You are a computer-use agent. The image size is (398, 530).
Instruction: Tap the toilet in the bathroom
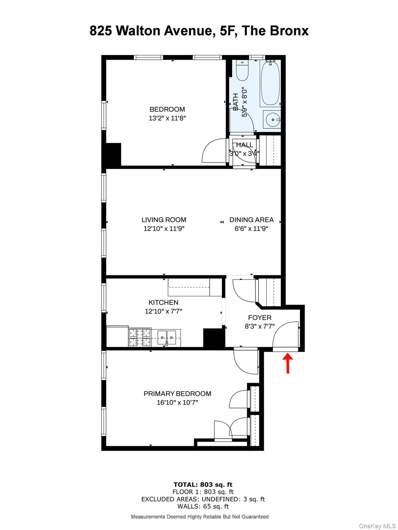click(x=242, y=71)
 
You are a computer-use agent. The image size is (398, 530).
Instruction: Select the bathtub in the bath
click(x=270, y=83)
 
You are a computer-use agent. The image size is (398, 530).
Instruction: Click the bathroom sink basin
click(x=272, y=119)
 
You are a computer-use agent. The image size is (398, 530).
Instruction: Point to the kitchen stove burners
click(x=140, y=337)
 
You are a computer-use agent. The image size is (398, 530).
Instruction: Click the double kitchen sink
click(x=167, y=337)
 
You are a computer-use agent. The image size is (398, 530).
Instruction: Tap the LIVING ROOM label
click(x=164, y=220)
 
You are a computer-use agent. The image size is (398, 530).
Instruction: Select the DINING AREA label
click(x=251, y=220)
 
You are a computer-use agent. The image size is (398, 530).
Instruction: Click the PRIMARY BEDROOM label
click(x=177, y=394)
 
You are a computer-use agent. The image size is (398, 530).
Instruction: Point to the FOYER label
click(x=259, y=318)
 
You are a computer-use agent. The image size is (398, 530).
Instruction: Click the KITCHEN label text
click(x=163, y=303)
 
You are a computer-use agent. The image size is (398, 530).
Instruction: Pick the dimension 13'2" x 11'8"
click(x=167, y=118)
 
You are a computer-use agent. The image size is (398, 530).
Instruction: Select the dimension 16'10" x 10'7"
click(x=177, y=403)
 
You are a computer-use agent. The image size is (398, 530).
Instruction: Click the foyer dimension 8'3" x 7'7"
click(x=259, y=326)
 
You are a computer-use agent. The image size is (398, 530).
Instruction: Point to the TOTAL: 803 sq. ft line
click(x=203, y=485)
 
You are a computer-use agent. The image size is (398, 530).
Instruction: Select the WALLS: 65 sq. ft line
click(x=203, y=507)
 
